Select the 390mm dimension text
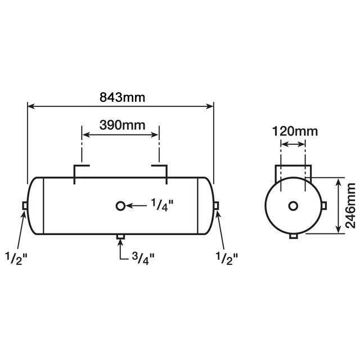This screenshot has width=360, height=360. (x=121, y=124)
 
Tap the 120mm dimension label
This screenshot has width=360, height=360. (x=295, y=132)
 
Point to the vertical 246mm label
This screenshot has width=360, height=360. (x=350, y=205)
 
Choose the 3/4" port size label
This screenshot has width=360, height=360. (x=143, y=257)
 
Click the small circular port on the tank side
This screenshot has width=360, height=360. (x=120, y=206)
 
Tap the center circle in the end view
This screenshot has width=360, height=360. (x=293, y=206)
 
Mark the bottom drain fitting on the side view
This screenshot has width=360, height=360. (x=120, y=238)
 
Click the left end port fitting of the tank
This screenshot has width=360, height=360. (x=25, y=206)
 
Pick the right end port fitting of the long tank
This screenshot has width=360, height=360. (x=216, y=206)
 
